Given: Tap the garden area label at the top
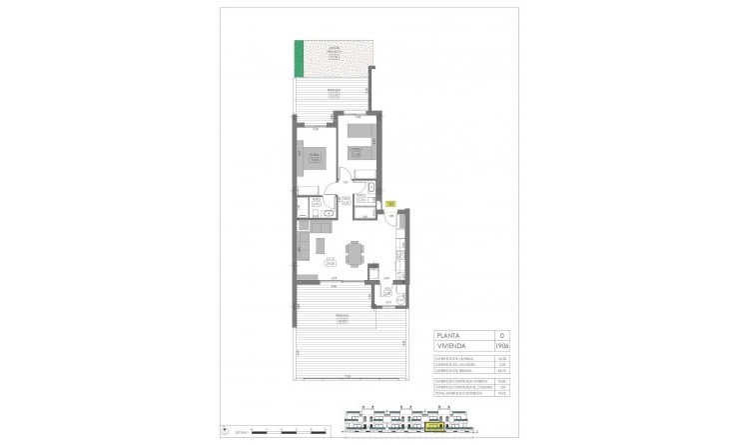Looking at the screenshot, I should pyautogui.click(x=335, y=56).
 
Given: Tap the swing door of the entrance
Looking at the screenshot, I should pyautogui.click(x=390, y=218).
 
